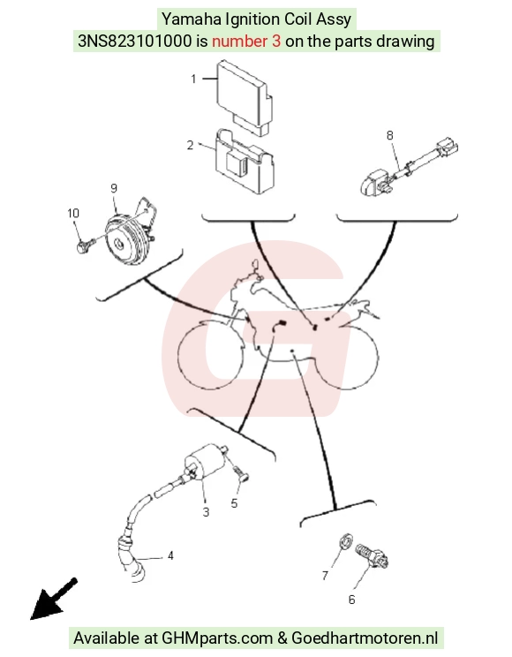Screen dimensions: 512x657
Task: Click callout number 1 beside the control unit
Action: pyautogui.click(x=193, y=79)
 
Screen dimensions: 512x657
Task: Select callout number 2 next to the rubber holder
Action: pyautogui.click(x=190, y=145)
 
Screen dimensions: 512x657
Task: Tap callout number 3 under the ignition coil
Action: pyautogui.click(x=206, y=512)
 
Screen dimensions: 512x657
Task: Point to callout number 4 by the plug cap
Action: pyautogui.click(x=170, y=555)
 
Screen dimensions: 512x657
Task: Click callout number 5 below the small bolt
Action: pyautogui.click(x=234, y=503)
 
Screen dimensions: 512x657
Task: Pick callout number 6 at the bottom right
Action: pyautogui.click(x=352, y=600)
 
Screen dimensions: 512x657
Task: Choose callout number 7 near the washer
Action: pyautogui.click(x=325, y=576)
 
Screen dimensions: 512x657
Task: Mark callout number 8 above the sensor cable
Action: pyautogui.click(x=389, y=135)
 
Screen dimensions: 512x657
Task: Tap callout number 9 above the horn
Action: pyautogui.click(x=114, y=188)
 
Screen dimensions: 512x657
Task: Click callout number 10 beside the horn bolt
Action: pyautogui.click(x=73, y=214)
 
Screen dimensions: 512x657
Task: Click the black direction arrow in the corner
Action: pyautogui.click(x=53, y=600)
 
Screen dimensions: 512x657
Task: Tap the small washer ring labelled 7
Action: pyautogui.click(x=346, y=540)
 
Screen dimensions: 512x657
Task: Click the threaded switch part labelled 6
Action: pyautogui.click(x=372, y=555)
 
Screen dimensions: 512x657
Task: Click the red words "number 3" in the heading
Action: pyautogui.click(x=246, y=41)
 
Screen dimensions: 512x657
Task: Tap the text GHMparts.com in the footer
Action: pyautogui.click(x=217, y=638)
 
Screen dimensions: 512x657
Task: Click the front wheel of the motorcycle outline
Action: pyautogui.click(x=211, y=356)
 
